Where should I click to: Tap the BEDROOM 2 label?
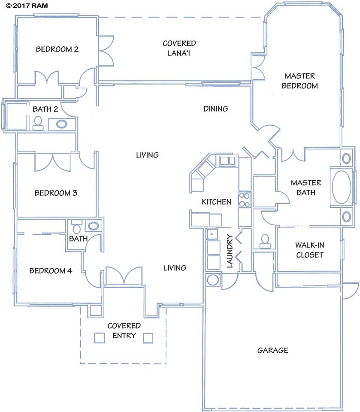57,49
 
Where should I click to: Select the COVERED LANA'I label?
179,48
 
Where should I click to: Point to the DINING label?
215,109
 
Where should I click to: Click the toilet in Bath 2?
38,123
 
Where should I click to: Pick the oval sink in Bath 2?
62,124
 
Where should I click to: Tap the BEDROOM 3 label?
56,193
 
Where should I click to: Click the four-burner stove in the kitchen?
244,200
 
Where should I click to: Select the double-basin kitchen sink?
227,161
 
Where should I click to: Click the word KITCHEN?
217,202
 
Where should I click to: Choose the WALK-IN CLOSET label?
309,250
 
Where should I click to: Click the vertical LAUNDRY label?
230,251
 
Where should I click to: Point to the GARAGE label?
272,350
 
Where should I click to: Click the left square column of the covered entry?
99,338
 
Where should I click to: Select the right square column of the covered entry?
148,338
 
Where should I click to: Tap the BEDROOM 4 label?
51,271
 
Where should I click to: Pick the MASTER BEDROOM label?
299,81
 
